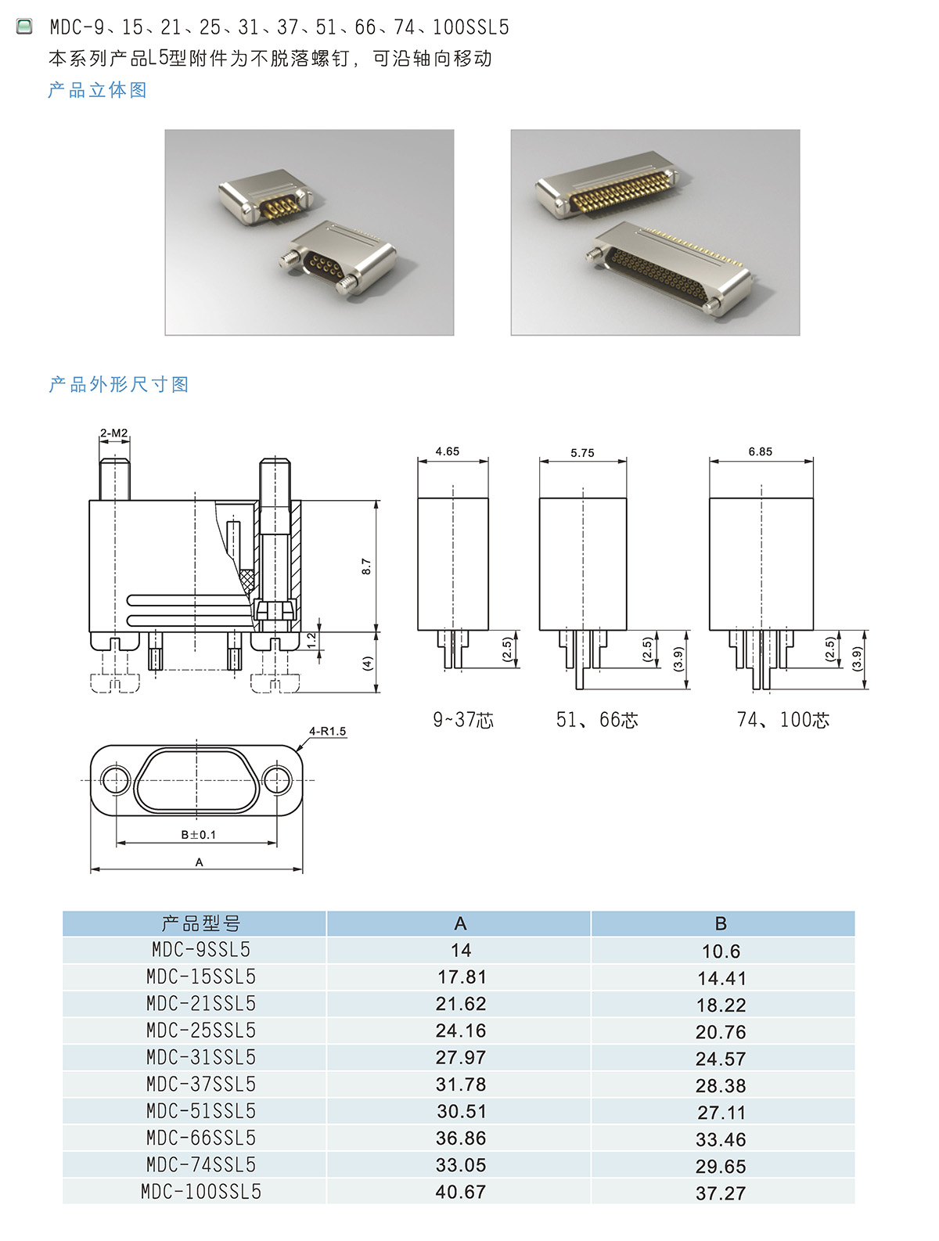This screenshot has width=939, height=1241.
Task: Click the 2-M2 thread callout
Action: (x=113, y=433)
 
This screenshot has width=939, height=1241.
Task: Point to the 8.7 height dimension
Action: (x=366, y=566)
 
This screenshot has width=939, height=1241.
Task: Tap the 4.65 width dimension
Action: (x=447, y=451)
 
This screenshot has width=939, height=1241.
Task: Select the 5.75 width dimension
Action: (x=582, y=453)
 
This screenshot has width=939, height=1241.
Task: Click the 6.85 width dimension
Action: (x=761, y=451)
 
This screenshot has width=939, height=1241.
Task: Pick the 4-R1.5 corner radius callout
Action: (x=327, y=731)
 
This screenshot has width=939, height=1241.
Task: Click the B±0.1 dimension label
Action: (x=199, y=834)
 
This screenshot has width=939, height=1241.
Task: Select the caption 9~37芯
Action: (x=463, y=720)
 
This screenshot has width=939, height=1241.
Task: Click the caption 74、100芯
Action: (x=783, y=720)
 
